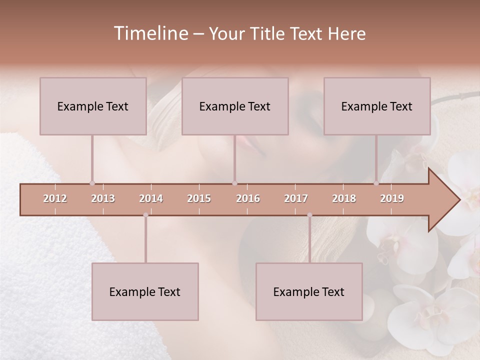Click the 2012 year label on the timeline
[55, 198]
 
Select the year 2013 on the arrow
[103, 198]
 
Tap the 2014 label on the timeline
[151, 198]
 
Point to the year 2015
[199, 198]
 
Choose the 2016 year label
[248, 198]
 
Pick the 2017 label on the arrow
[296, 198]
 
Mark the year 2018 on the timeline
[344, 198]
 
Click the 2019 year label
[392, 198]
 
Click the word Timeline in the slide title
[150, 33]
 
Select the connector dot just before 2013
[92, 183]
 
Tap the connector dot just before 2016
[234, 183]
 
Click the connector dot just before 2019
[376, 183]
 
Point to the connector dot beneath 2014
[145, 215]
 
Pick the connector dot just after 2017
[309, 215]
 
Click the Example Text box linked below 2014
[145, 291]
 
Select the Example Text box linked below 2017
[309, 291]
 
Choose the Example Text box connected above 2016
[235, 106]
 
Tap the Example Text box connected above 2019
[377, 106]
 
